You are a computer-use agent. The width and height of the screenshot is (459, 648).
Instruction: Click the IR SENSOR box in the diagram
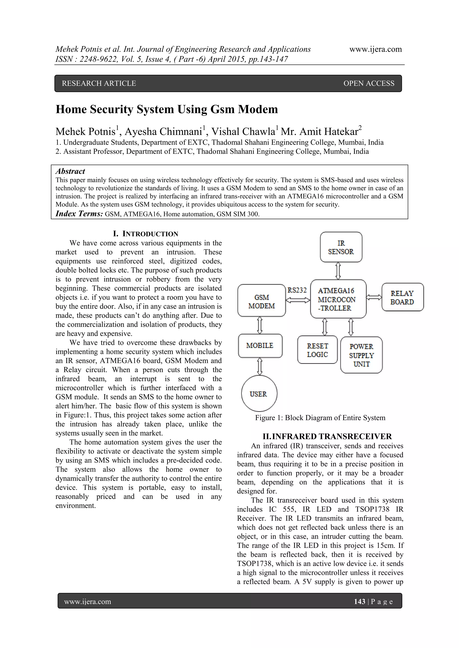(x=341, y=247)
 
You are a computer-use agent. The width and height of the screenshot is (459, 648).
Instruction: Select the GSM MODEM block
(x=262, y=301)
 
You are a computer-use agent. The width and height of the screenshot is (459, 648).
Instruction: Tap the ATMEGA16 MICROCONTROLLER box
(x=338, y=299)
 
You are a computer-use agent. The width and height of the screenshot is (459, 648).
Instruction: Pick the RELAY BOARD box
(x=402, y=297)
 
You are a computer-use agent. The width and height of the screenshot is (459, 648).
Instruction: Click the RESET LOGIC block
(x=317, y=350)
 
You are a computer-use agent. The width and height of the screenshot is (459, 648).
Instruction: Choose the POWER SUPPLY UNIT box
(x=361, y=355)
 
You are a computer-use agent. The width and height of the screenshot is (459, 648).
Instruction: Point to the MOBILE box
(x=260, y=346)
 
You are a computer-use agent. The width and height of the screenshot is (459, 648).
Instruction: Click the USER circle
(x=259, y=394)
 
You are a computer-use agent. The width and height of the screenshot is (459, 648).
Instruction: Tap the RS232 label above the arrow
(x=297, y=290)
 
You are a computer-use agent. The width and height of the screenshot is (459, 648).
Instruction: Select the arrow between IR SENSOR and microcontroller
(x=338, y=271)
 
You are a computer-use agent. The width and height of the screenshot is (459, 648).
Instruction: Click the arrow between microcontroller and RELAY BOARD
(x=374, y=297)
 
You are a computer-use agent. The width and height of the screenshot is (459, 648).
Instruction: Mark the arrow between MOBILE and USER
(x=260, y=367)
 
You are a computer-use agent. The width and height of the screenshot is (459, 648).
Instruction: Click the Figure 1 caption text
(x=320, y=418)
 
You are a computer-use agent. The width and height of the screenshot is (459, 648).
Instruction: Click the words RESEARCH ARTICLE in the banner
(x=99, y=83)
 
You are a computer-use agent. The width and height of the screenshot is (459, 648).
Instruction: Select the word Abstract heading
(x=70, y=171)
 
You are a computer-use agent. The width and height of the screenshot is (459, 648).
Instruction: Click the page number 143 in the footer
(x=359, y=602)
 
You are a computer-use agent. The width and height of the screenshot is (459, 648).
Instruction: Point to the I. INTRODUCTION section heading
(x=145, y=234)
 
